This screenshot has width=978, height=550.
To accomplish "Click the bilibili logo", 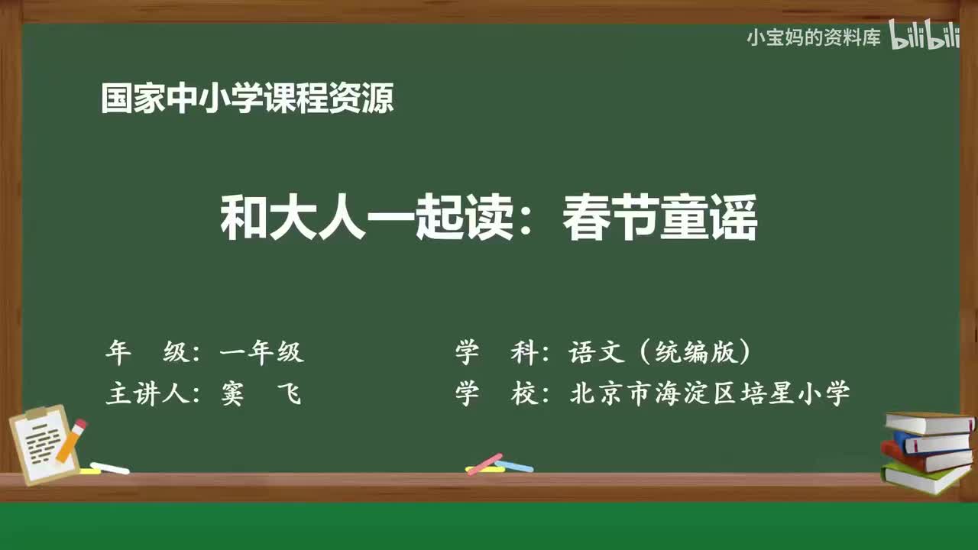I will [x=924, y=37].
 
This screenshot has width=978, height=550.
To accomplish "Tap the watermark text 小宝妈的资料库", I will [x=814, y=37].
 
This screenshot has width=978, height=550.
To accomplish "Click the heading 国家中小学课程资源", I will [x=248, y=99].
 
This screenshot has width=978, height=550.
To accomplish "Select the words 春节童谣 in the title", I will [x=659, y=219].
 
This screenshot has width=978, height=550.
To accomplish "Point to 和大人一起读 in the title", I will [x=367, y=219].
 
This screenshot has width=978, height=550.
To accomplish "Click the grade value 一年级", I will [x=261, y=352].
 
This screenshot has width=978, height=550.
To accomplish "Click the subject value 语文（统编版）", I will [x=660, y=352].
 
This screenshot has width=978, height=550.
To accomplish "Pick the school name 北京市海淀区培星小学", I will [x=710, y=394].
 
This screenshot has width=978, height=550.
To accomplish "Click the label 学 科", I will [x=497, y=352].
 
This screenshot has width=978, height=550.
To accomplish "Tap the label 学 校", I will [x=497, y=394].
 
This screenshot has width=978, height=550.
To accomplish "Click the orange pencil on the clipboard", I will [x=72, y=441].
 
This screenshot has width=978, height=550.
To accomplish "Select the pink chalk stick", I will [x=484, y=464].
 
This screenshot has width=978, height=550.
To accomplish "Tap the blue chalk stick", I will [x=515, y=465].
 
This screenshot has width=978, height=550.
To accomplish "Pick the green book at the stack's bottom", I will [x=925, y=478].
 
